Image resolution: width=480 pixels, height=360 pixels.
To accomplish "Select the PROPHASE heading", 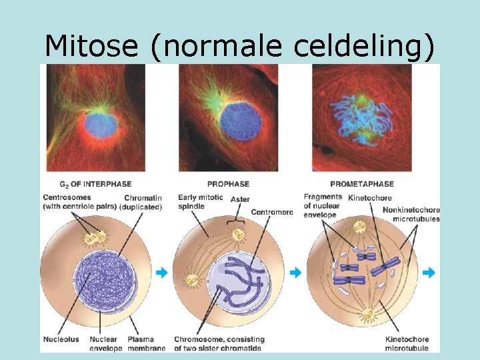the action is pos(228,184).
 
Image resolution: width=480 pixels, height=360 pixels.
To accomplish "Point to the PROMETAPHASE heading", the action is pos(361,184).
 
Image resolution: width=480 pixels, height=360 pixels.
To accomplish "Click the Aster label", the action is pos(240,199).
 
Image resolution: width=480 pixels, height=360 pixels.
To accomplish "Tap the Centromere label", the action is pos(271,212).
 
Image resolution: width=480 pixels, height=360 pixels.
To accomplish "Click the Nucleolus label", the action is pos(60,340).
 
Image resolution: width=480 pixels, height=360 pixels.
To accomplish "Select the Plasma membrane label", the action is pos(141,344).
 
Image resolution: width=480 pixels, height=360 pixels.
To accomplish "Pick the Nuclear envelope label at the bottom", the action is pos(104,344).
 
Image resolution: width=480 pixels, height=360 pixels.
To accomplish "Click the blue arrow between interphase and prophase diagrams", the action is pos(161,273).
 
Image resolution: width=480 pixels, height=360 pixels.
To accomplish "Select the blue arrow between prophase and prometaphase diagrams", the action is pos(295,273).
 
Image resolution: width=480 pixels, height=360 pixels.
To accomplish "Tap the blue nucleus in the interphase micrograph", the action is pos(101,124).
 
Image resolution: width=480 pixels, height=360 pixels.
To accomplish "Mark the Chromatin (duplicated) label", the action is pos(142,203).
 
